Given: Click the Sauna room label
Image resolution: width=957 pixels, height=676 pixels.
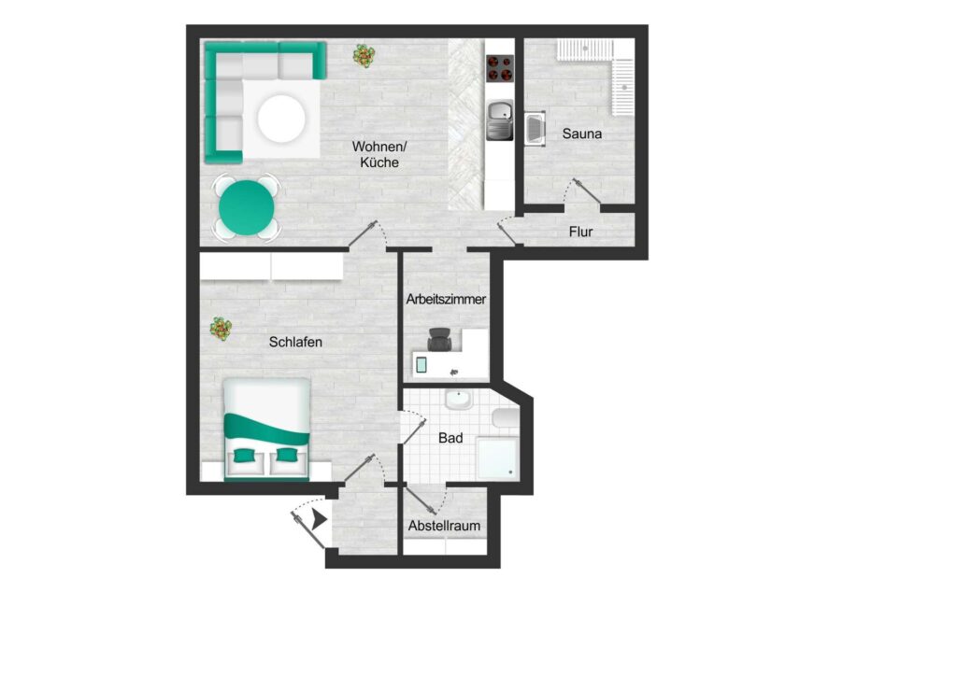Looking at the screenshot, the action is (x=581, y=134).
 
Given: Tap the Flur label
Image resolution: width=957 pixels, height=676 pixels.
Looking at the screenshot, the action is (x=580, y=232).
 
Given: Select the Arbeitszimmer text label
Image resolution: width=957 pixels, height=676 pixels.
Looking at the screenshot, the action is (x=446, y=300).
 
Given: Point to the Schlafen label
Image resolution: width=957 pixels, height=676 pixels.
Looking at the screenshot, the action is (x=295, y=342).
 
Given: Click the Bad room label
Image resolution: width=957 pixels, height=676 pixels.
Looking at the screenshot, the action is (x=450, y=438).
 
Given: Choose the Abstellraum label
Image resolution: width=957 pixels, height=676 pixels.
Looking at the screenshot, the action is (x=444, y=526).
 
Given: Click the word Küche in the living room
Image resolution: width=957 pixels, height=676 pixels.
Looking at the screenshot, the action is (x=379, y=162).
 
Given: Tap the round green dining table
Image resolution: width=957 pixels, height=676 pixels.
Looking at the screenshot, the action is (x=247, y=207).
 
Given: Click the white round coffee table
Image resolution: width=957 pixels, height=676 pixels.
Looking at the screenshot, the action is (x=281, y=119).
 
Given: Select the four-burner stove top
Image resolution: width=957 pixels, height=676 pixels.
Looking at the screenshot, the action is (x=500, y=68).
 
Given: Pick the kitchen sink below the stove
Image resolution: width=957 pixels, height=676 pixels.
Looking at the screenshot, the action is (x=500, y=120).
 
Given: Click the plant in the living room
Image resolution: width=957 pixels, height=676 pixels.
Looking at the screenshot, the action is (x=364, y=56).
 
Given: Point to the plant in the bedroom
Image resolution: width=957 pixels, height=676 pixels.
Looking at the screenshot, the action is (x=221, y=329).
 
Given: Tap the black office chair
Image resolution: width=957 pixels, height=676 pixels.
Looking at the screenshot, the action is (x=439, y=340).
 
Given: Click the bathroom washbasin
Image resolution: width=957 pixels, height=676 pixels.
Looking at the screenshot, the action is (x=458, y=401).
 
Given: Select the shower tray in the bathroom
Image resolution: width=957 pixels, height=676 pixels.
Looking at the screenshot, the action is (x=497, y=458).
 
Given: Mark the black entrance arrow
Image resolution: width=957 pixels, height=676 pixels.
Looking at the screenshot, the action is (x=320, y=519).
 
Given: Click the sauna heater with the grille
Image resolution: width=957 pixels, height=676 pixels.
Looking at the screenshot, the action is (x=535, y=129).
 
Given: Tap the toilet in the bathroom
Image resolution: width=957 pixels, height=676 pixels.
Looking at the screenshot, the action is (x=506, y=419).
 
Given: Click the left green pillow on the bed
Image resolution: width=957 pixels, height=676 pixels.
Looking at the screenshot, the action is (x=245, y=455).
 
